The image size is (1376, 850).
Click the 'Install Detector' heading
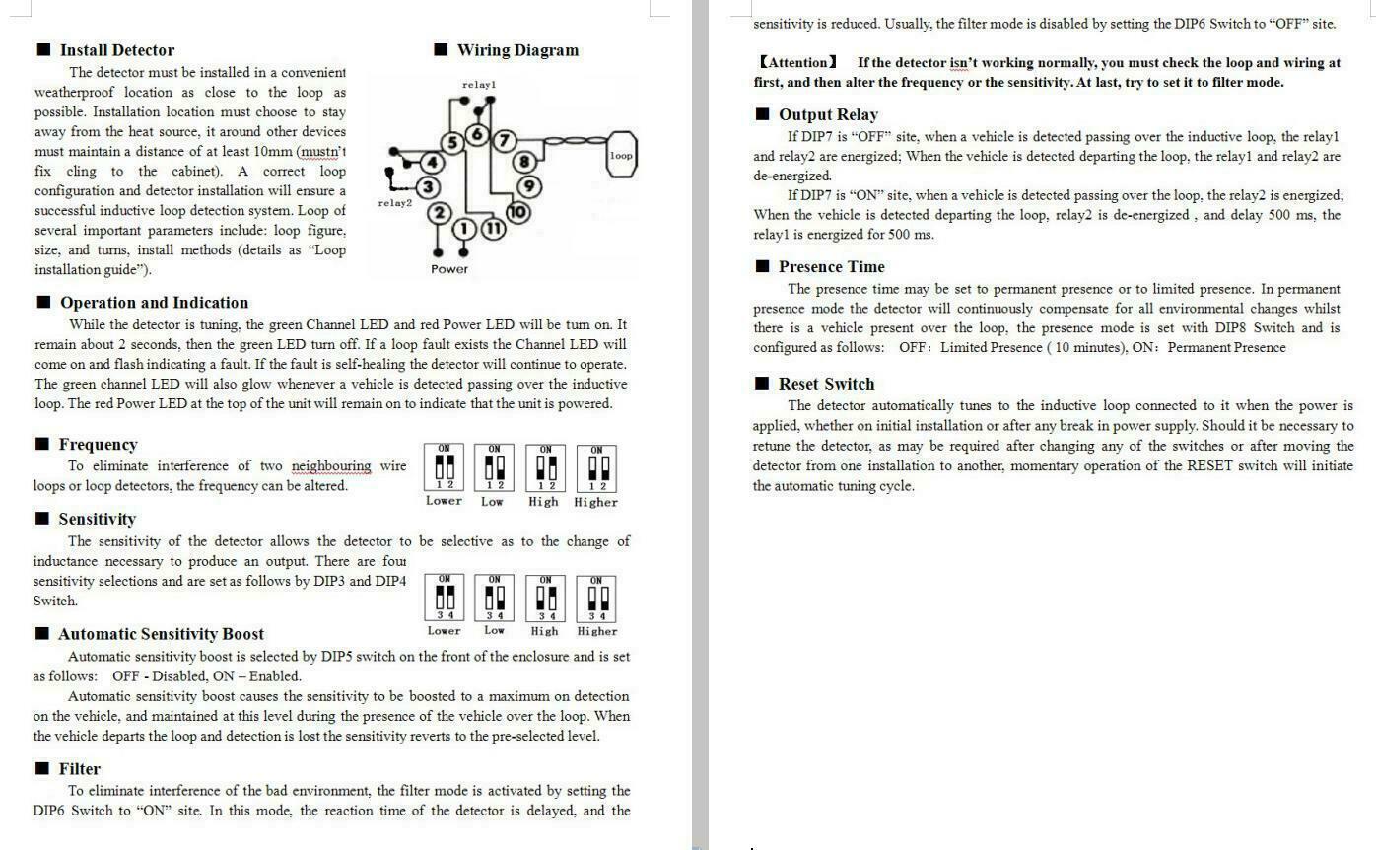point(116,50)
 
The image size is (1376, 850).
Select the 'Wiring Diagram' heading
point(517,50)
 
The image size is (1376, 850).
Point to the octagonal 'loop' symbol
point(621,156)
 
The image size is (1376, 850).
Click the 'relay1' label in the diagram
point(479,85)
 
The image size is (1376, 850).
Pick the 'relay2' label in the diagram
point(394,203)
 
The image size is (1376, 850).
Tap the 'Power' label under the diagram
point(449,269)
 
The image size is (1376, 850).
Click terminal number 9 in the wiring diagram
point(528,185)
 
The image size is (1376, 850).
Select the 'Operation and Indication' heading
point(154,303)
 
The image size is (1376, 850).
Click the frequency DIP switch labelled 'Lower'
point(445,467)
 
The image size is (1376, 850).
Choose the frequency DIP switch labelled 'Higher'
point(597,467)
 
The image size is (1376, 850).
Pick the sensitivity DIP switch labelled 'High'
point(545,598)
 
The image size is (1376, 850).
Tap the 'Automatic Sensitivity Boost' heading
point(161,634)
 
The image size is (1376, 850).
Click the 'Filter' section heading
point(79,769)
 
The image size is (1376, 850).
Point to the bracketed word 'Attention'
point(797,63)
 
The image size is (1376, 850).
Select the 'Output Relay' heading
point(827,114)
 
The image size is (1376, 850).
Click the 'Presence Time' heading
point(831,267)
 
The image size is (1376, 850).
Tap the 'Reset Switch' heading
point(826,384)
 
